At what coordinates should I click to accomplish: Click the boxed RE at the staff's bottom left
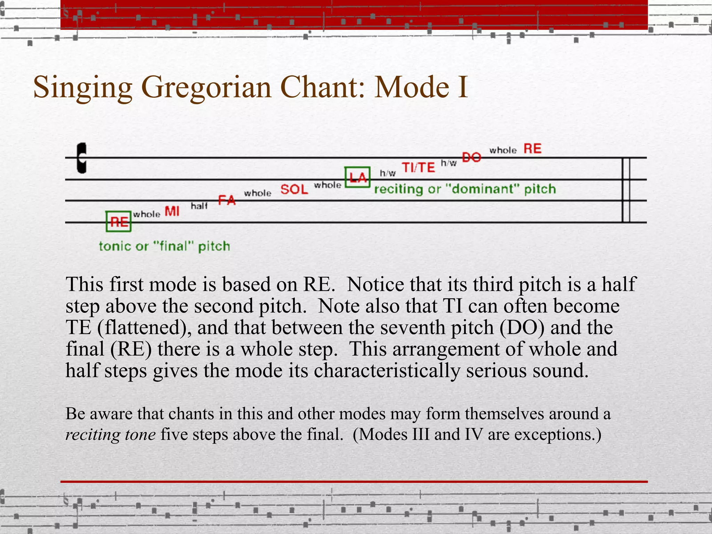coord(119,221)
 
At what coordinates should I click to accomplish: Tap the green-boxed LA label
coord(357,177)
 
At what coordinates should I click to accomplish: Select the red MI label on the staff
coord(172,211)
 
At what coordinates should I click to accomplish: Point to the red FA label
coord(227,200)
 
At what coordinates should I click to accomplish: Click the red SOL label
coord(294,189)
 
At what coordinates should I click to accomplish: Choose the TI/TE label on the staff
coord(418,167)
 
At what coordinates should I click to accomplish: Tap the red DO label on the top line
coord(471,157)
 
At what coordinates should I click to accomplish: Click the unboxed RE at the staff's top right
coord(532,149)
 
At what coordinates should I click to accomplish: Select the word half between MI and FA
coord(199,206)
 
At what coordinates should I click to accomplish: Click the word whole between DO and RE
coord(503,150)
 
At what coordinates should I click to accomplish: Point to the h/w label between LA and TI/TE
coord(388,173)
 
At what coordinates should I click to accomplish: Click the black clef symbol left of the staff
coord(82,158)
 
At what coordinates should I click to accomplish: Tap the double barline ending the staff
coord(626,190)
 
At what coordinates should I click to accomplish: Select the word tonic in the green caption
coord(114,246)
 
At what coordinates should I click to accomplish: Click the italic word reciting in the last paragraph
coord(93,435)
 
